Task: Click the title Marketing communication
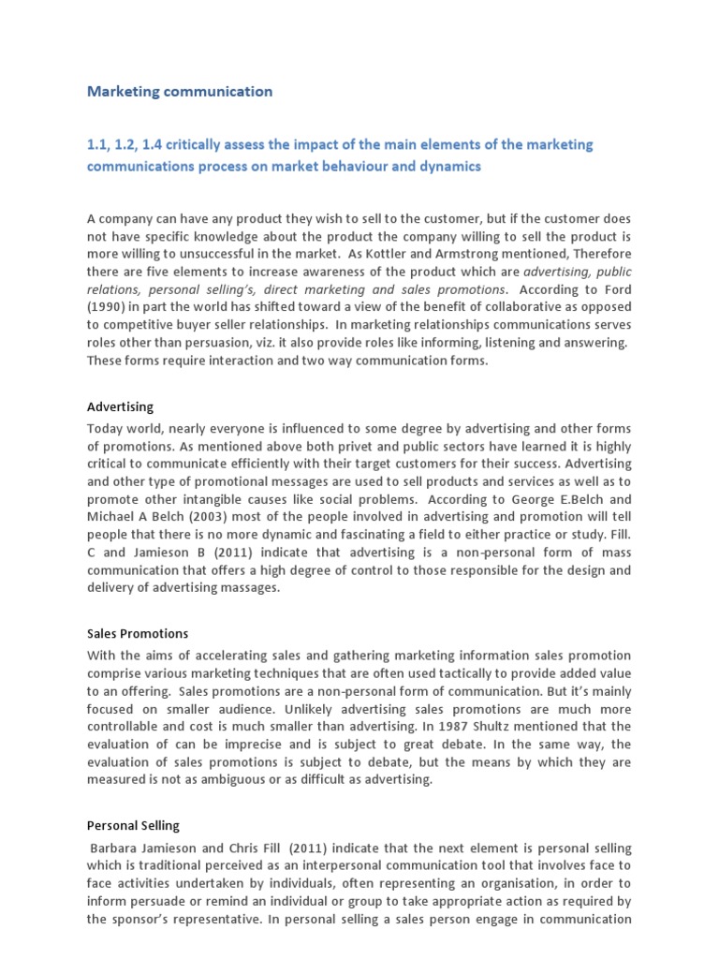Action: coord(180,92)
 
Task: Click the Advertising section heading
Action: coord(120,407)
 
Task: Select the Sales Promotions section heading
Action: coord(138,634)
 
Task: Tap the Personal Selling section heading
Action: coord(133,826)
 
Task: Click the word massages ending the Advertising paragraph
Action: coord(253,588)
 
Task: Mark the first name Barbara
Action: coord(117,847)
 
